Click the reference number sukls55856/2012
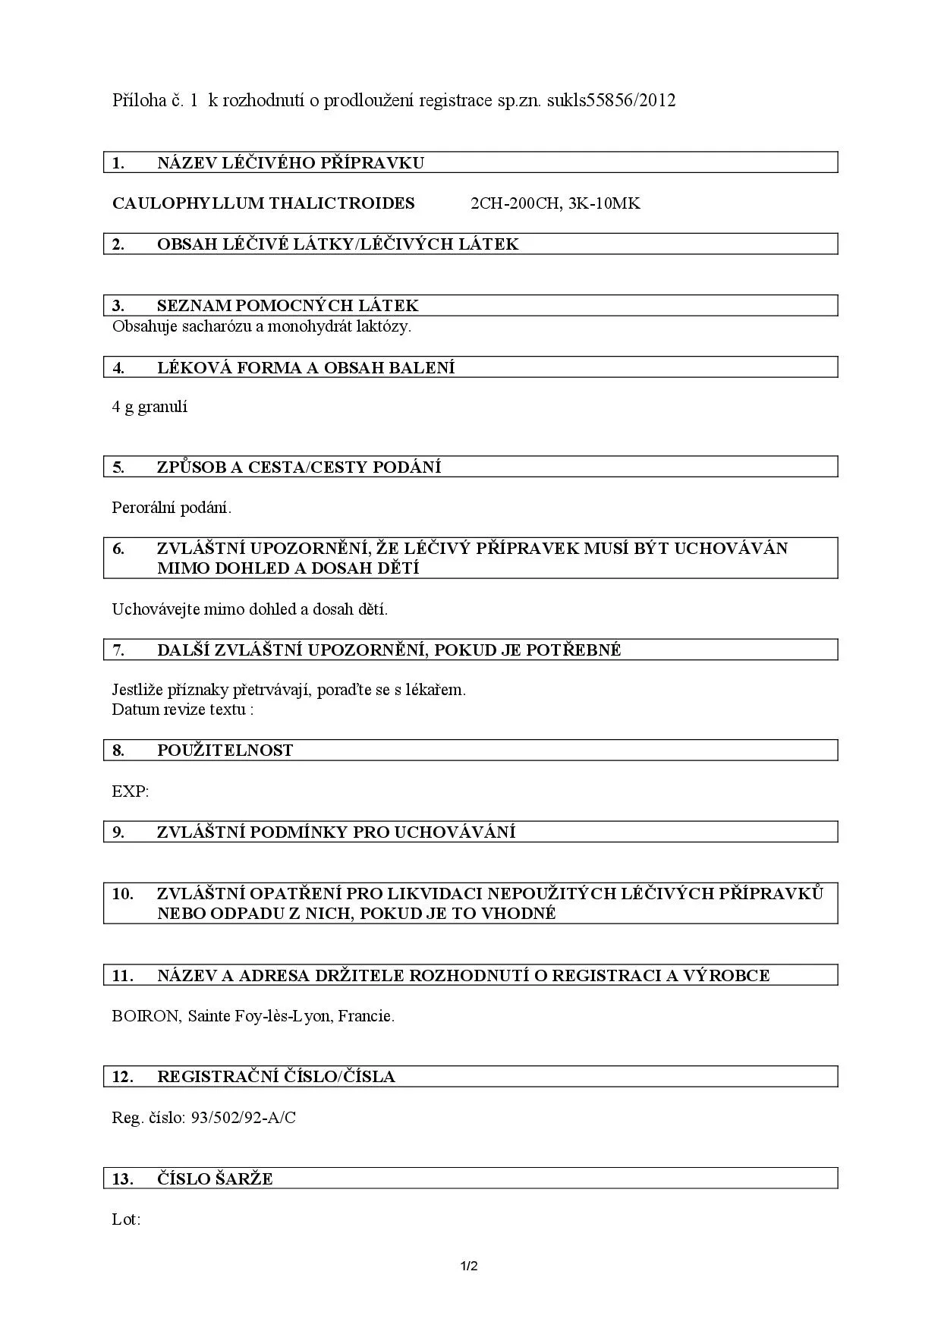(611, 101)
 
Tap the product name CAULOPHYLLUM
(188, 203)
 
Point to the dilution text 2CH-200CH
(515, 203)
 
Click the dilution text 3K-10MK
(604, 203)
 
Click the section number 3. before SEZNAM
(118, 306)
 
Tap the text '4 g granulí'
(149, 407)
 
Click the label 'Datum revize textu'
(179, 710)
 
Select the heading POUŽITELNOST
(225, 750)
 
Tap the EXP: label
(131, 791)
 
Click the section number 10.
(123, 893)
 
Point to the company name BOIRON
(145, 1016)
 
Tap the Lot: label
(126, 1219)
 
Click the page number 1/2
(469, 1266)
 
